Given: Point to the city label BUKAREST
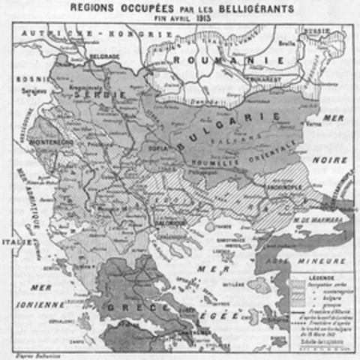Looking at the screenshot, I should tap(256, 77).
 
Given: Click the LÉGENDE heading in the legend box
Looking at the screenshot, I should tap(318, 276).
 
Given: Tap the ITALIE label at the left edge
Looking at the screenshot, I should tap(16, 242).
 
